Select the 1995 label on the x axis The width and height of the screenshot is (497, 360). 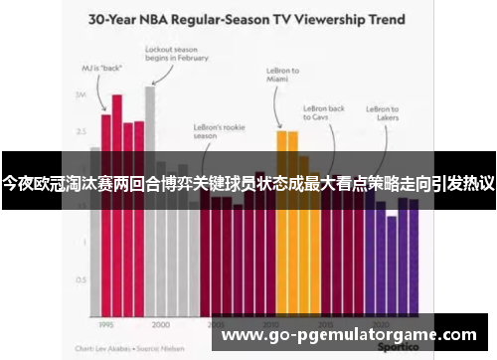click(x=103, y=324)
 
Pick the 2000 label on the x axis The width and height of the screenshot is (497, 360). click(x=160, y=324)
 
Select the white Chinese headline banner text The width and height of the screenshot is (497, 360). click(x=248, y=183)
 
